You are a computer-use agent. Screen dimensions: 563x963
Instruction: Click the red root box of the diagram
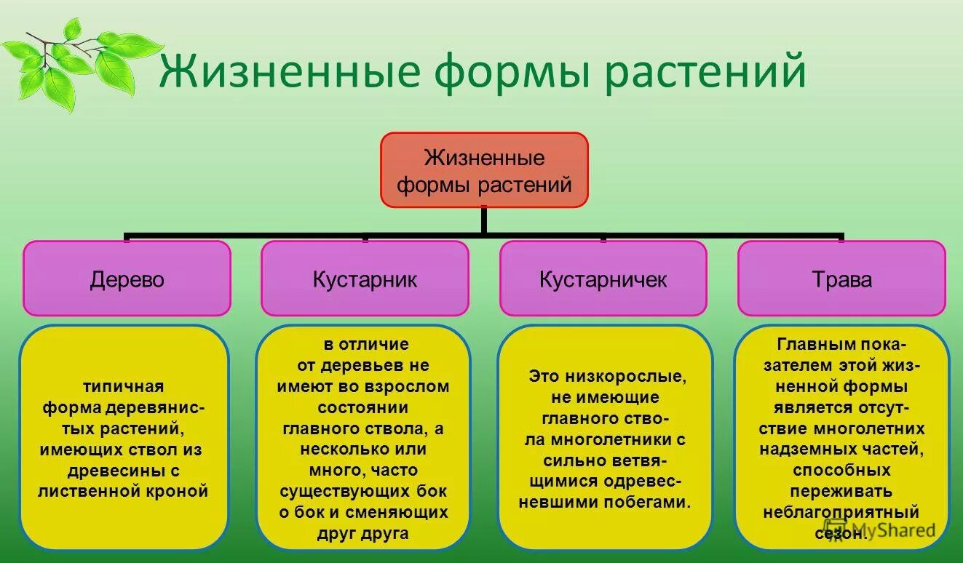pyautogui.click(x=483, y=169)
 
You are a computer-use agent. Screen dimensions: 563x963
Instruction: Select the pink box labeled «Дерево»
pyautogui.click(x=127, y=279)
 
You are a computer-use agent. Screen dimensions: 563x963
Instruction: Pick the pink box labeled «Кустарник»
pyautogui.click(x=365, y=279)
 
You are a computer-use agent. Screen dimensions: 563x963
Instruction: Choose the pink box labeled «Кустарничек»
pyautogui.click(x=603, y=279)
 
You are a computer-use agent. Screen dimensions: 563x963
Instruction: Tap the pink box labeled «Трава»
pyautogui.click(x=841, y=279)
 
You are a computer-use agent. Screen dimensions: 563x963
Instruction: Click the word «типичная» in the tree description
pyautogui.click(x=123, y=386)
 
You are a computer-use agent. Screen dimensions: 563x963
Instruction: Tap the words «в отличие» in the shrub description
pyautogui.click(x=366, y=344)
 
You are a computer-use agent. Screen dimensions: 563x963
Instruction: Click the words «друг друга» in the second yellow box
pyautogui.click(x=362, y=533)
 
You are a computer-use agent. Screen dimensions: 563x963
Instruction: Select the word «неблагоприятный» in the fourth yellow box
pyautogui.click(x=841, y=512)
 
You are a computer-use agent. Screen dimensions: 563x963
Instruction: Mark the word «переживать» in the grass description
pyautogui.click(x=841, y=491)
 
